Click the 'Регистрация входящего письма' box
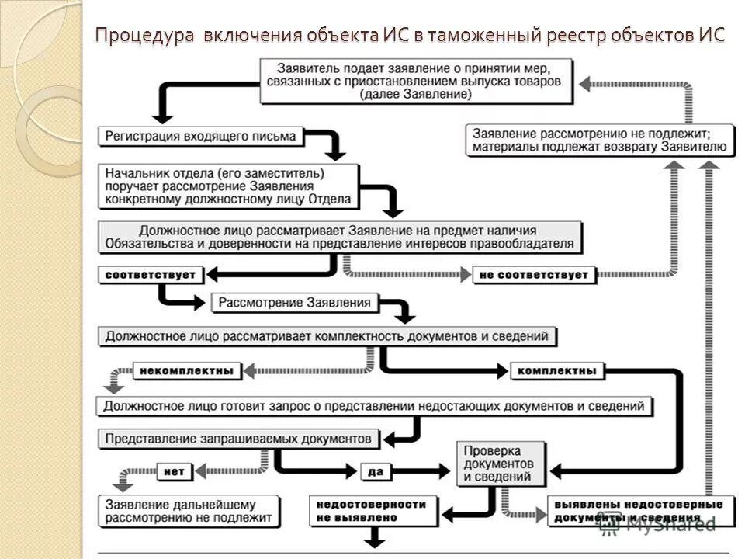click(200, 136)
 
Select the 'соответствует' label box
click(151, 274)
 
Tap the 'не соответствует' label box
click(534, 274)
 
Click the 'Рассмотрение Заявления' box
click(295, 302)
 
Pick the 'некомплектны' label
click(186, 370)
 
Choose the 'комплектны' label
click(556, 370)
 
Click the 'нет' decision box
click(174, 470)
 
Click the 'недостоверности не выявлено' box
click(372, 510)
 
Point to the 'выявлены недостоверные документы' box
click(639, 510)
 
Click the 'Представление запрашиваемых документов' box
click(239, 438)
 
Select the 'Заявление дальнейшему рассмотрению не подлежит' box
click(189, 510)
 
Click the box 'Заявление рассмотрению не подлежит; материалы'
click(599, 140)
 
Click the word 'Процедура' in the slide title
click(144, 36)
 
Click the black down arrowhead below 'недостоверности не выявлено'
click(376, 538)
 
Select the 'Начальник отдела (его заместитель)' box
click(228, 186)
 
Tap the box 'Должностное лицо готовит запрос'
click(374, 405)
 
